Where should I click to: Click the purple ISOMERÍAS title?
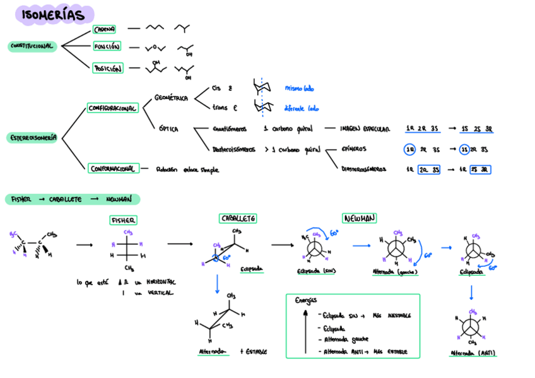pyautogui.click(x=56, y=15)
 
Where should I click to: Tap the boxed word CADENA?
pyautogui.click(x=104, y=29)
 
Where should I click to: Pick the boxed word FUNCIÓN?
pyautogui.click(x=107, y=47)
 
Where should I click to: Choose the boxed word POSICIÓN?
pyautogui.click(x=107, y=68)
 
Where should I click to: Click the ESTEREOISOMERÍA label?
pyautogui.click(x=33, y=137)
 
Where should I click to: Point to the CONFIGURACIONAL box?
pyautogui.click(x=112, y=108)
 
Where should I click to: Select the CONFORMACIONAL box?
pyautogui.click(x=112, y=168)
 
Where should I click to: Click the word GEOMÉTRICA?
pyautogui.click(x=172, y=98)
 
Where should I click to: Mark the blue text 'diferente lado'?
pyautogui.click(x=302, y=108)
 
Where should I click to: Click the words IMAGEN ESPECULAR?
pyautogui.click(x=365, y=129)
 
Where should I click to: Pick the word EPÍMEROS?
pyautogui.click(x=353, y=150)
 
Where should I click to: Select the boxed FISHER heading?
pyautogui.click(x=124, y=220)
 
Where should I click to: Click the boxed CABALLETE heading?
pyautogui.click(x=238, y=218)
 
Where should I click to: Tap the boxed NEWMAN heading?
pyautogui.click(x=360, y=218)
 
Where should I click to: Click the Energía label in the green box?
pyautogui.click(x=307, y=300)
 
